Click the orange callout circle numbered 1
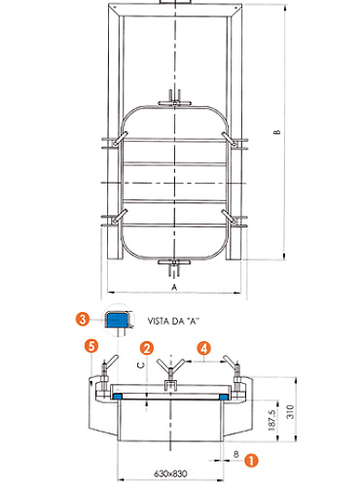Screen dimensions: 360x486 coord(251,460)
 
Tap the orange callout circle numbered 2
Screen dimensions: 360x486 coord(147,348)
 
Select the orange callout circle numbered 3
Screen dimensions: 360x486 coord(83,319)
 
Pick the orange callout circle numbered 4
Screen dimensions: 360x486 coord(203,348)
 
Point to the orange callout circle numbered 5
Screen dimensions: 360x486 coord(91,346)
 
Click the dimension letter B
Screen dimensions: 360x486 coord(276,132)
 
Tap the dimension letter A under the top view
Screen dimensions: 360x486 coord(174,287)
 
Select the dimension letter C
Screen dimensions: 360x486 coord(141,365)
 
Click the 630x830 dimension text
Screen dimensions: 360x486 coord(170,473)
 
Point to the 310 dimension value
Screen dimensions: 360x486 coord(291,411)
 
